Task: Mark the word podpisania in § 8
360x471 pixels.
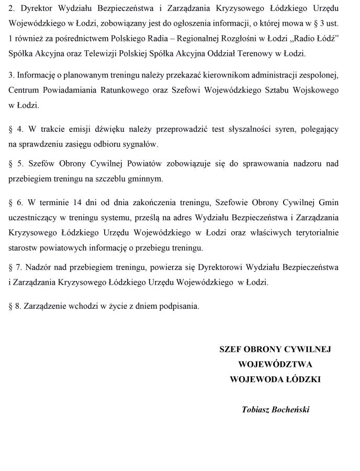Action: tap(181, 306)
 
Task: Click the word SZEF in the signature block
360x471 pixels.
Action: tap(231, 349)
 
